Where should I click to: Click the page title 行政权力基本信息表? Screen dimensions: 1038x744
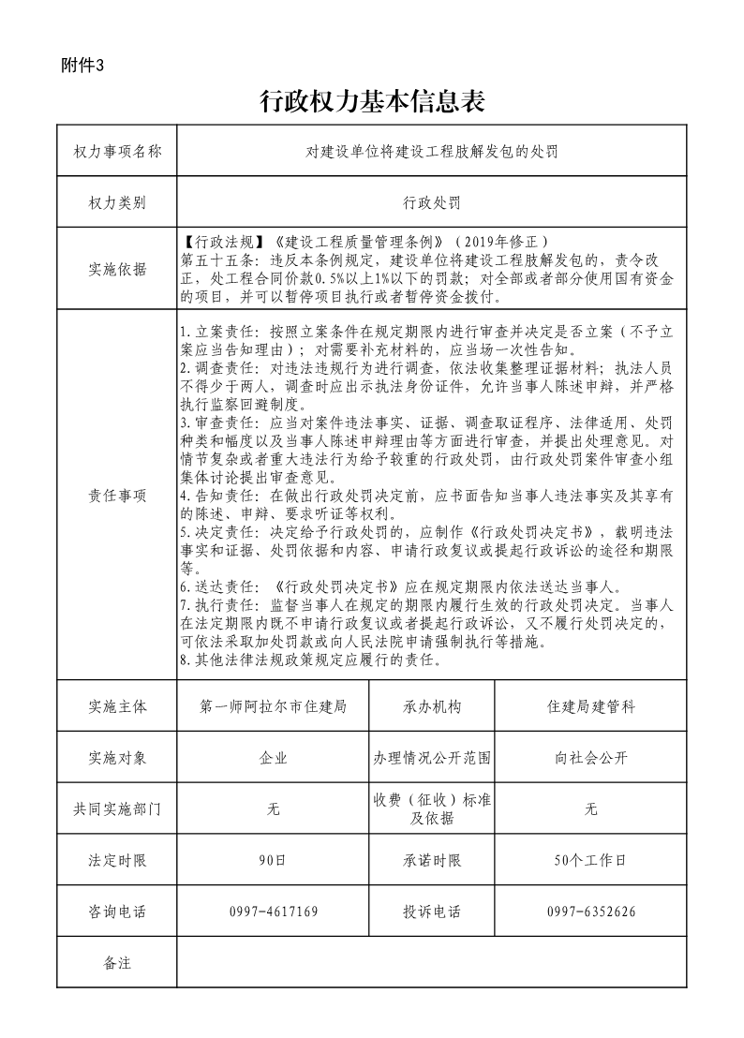(371, 101)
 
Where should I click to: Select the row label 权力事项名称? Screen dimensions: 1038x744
(117, 151)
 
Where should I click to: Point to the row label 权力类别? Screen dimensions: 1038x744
(117, 201)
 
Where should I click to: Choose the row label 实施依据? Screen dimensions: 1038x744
(117, 270)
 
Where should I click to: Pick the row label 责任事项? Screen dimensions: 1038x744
(117, 497)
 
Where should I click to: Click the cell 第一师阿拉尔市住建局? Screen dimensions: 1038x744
(274, 706)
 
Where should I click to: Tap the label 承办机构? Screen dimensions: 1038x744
(432, 706)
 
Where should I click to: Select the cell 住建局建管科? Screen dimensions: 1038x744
(590, 706)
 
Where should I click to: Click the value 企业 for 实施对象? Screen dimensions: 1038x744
(274, 758)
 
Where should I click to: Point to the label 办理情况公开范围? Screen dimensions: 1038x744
(432, 758)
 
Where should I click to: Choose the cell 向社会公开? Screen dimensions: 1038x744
(590, 758)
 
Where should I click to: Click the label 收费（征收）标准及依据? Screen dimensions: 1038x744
(432, 808)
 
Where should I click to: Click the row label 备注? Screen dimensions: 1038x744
(117, 962)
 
